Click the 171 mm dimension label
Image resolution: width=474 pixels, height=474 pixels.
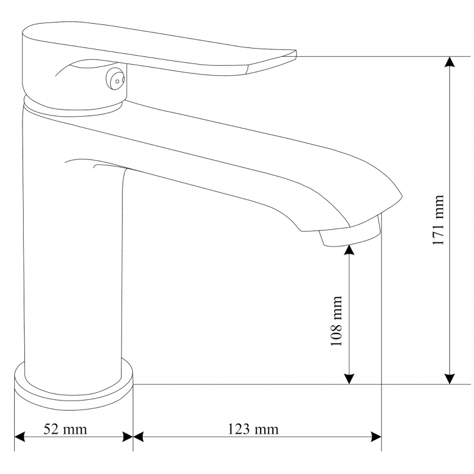tap(438, 220)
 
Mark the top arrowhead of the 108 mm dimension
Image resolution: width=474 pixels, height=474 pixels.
tap(349, 250)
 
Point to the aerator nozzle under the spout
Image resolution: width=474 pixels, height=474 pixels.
tap(350, 234)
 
